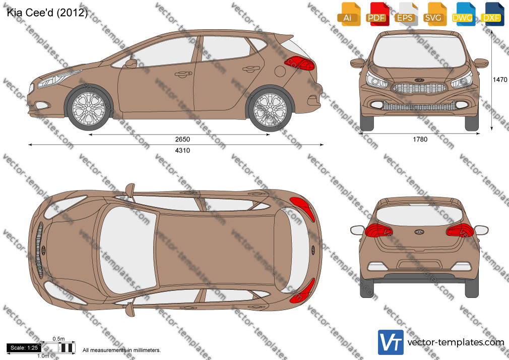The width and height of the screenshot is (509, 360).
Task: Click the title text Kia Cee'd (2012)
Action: [x=47, y=13]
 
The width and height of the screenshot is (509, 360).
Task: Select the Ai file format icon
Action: [x=349, y=14]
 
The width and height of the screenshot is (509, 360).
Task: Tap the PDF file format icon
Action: [x=377, y=14]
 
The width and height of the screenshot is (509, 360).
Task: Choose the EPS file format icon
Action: [x=406, y=14]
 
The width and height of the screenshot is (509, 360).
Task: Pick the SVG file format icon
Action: [x=434, y=14]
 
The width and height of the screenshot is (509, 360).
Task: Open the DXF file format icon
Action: [x=492, y=14]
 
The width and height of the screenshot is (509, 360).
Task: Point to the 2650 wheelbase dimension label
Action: [x=182, y=139]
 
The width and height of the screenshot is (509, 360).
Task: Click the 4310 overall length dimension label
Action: [x=182, y=150]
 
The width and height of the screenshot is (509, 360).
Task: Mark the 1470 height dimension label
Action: [x=500, y=80]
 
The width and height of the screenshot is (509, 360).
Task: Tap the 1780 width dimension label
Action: [x=420, y=139]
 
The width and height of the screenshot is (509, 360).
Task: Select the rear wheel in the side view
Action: [x=270, y=109]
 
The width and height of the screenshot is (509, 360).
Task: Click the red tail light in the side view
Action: [x=300, y=63]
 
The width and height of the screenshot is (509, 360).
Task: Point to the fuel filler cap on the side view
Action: [x=280, y=71]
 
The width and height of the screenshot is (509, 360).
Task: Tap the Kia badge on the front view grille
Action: [x=419, y=80]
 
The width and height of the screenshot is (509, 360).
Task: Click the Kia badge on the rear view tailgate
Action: [x=419, y=231]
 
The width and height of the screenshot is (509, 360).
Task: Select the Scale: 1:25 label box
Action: [x=24, y=348]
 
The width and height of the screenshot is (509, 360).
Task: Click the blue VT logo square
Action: [x=391, y=342]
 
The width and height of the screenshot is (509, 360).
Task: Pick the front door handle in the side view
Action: [x=183, y=75]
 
